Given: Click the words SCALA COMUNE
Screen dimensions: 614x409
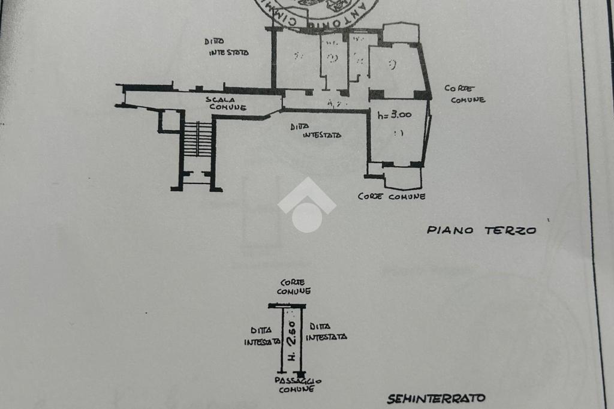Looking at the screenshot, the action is coord(226,103).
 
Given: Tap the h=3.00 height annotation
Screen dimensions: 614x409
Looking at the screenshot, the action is coord(395,115).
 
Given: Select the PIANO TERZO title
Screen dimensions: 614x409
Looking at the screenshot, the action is coord(481,230).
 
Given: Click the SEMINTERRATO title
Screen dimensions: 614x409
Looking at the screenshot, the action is coord(436,398).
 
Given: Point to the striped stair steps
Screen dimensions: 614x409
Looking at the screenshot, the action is coord(198,139).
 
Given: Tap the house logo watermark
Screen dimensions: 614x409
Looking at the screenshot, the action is coord(306,205).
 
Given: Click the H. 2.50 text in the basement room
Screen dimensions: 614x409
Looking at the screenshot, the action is coord(291,342).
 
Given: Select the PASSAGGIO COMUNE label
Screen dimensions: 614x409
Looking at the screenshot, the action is coord(298,384).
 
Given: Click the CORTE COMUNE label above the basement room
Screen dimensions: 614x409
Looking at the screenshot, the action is coord(294,287).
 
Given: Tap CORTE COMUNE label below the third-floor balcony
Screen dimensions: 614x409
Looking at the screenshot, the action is coord(392,196).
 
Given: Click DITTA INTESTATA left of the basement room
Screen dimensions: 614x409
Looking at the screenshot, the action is coord(261,336).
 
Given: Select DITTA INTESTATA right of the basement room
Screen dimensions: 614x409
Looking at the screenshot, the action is coord(326,332).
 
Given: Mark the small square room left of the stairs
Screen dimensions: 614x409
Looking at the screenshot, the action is coord(169,121).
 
